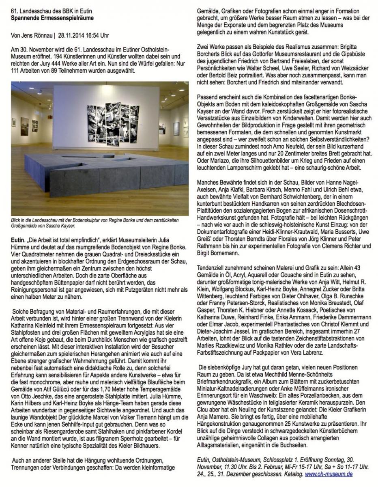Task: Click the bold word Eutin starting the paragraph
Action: coord(19,241)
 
